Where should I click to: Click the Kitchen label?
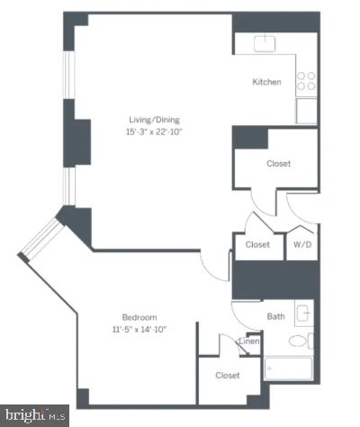pos(266,82)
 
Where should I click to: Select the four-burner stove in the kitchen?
pos(307,81)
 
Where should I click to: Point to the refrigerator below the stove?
pos(307,111)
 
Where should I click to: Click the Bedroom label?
pos(139,317)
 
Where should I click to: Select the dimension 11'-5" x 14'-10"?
pos(139,330)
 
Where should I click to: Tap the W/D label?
pos(302,244)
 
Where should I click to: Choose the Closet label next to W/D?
pos(258,244)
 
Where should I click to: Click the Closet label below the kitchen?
pos(278,164)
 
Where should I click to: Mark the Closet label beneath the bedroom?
pos(226,375)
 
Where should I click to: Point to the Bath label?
pos(275,316)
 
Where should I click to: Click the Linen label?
pos(248,341)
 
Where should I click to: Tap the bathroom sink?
pos(303,313)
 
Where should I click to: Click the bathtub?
pos(288,370)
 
